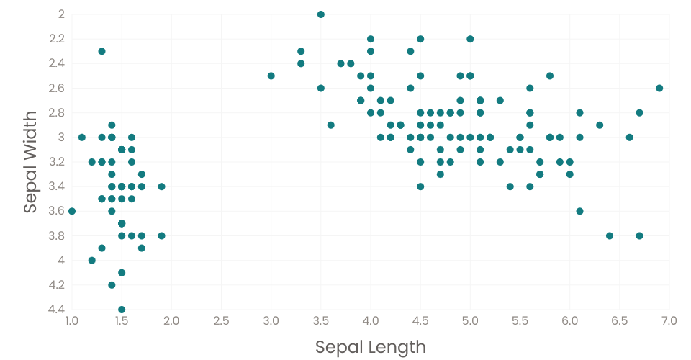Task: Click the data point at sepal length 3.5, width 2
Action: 321,14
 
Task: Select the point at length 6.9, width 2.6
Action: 659,88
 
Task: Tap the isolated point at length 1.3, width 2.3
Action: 101,51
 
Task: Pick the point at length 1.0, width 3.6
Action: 72,211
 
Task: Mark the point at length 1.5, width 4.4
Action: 122,310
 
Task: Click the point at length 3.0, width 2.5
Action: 271,76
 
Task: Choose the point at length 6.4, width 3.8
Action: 610,235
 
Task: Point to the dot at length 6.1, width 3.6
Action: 579,211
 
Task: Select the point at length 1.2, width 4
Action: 91,260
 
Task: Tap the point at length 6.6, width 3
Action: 629,137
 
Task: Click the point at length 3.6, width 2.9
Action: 331,125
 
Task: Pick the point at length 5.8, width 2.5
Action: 550,76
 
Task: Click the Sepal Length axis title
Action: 371,347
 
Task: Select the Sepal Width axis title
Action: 30,162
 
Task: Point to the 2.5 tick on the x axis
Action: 221,320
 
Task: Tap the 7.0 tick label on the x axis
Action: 669,320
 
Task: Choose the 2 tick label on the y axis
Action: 61,14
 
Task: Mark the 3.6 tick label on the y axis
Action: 57,211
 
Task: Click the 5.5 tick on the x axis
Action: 520,320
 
